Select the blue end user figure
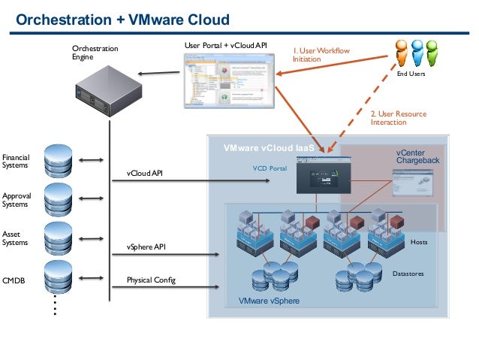click(x=432, y=52)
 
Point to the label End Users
click(x=410, y=74)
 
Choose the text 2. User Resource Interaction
click(x=398, y=118)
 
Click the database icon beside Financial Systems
click(x=59, y=159)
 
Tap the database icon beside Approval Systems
click(x=59, y=199)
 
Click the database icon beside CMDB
click(x=59, y=280)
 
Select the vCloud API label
click(x=144, y=174)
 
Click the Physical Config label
click(x=151, y=280)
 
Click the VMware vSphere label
click(x=269, y=301)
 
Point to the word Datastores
click(x=408, y=274)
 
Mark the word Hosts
click(x=419, y=243)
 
